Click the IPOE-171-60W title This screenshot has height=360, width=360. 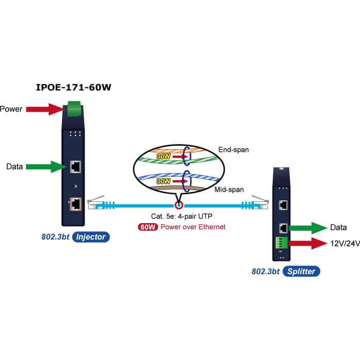[73, 87]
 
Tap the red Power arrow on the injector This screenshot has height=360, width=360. [44, 109]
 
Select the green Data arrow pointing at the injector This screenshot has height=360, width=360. [46, 166]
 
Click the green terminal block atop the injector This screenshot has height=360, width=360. [74, 109]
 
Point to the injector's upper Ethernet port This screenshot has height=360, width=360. [75, 167]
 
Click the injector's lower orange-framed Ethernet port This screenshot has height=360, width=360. [75, 204]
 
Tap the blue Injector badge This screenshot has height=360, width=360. [91, 237]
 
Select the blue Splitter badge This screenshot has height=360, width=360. [301, 271]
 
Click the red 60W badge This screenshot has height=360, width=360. [148, 227]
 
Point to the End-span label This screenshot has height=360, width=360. [233, 150]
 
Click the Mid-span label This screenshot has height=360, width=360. [229, 190]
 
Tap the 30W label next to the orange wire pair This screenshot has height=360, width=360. [163, 156]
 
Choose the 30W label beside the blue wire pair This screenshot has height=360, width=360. [163, 181]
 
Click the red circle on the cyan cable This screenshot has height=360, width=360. [179, 205]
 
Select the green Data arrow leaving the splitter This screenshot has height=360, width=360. [308, 228]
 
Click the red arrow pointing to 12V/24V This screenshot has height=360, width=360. [308, 243]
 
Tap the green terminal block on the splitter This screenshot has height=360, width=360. [281, 243]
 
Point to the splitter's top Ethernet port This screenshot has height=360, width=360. [284, 205]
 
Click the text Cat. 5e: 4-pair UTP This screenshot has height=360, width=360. [182, 216]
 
